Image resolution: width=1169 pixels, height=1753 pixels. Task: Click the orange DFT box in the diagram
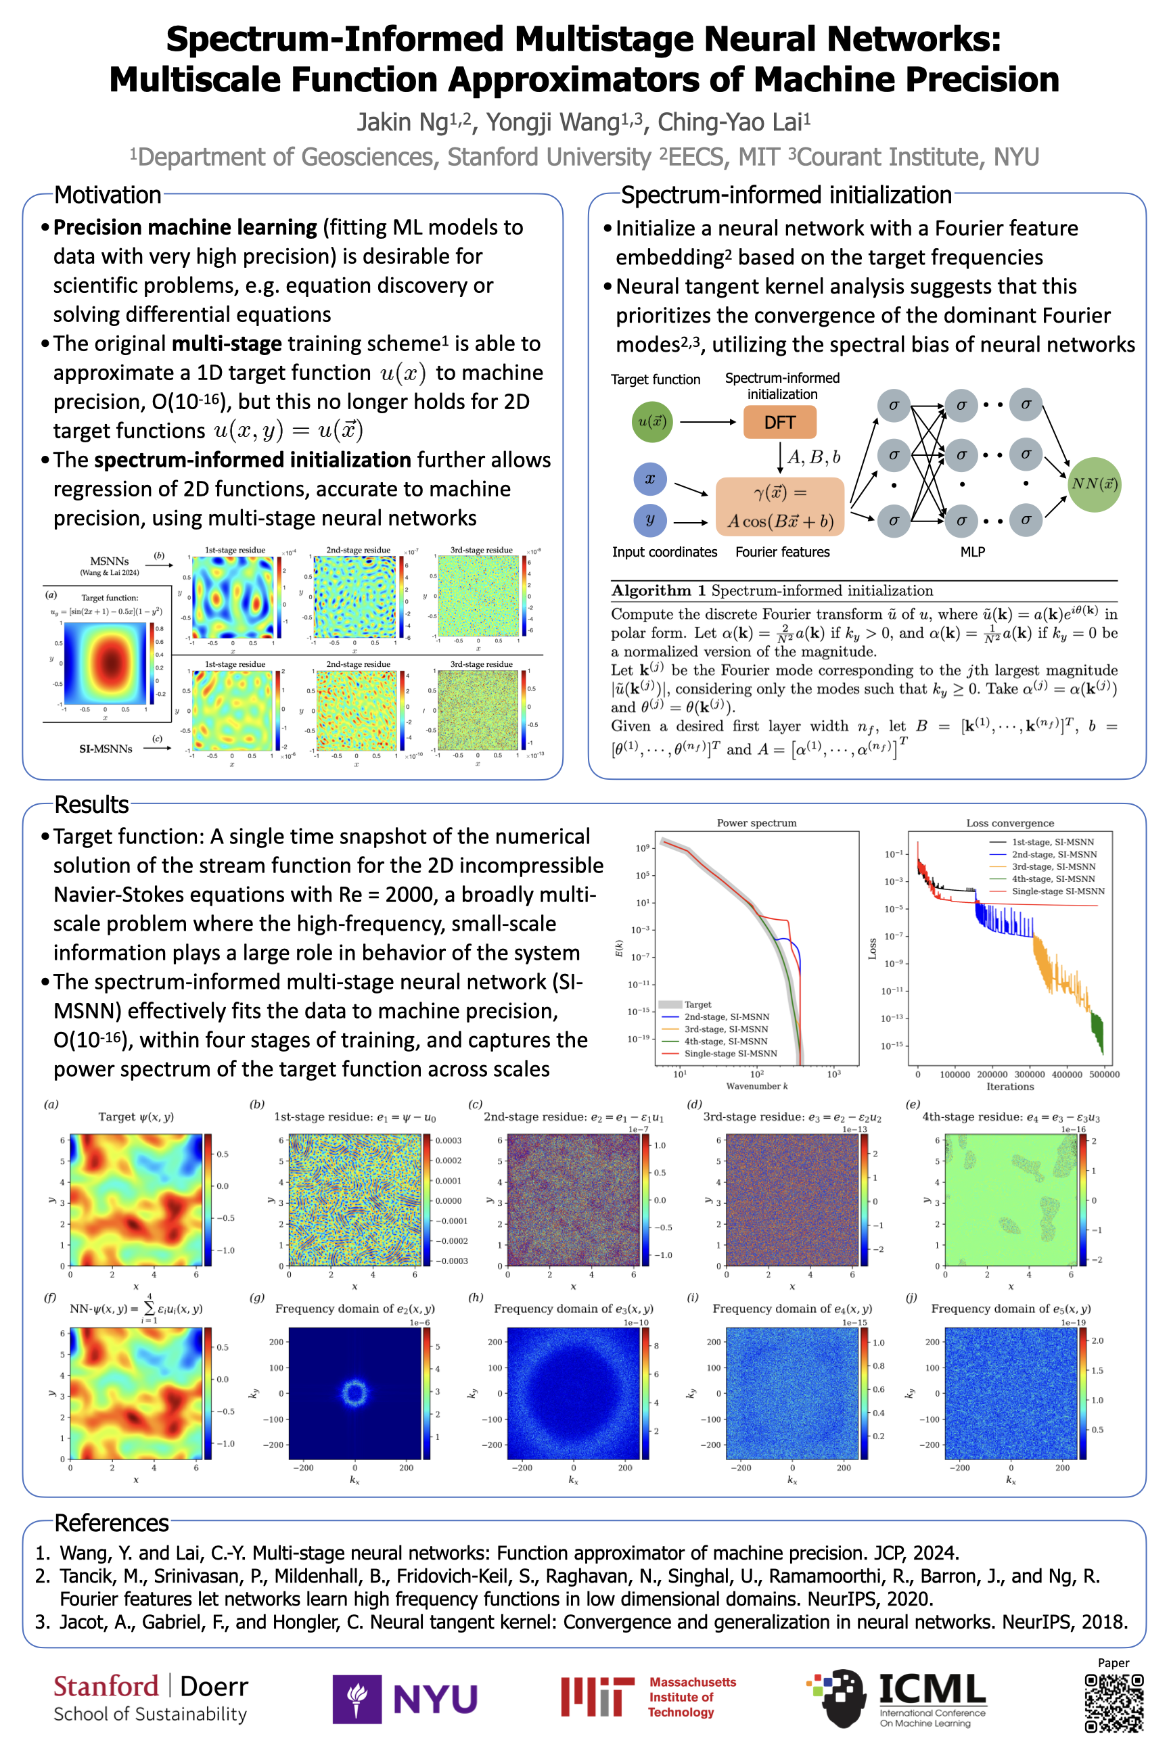tap(779, 422)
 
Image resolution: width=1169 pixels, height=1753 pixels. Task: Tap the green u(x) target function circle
tap(651, 421)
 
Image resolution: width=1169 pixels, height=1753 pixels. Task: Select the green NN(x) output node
tap(1094, 484)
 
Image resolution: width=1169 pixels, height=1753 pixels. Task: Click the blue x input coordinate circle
tap(649, 479)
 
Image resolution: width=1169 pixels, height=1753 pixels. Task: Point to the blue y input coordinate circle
tap(649, 519)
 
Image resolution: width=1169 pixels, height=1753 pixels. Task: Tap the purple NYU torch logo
tap(357, 1699)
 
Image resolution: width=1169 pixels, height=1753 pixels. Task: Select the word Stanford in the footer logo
tap(106, 1686)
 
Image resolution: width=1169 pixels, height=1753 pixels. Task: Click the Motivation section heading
tap(108, 195)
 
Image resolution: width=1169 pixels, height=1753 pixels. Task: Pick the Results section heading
tap(92, 804)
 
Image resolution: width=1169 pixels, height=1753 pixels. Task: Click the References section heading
tap(112, 1522)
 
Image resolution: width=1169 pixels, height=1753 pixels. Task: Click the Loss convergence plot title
tap(1009, 823)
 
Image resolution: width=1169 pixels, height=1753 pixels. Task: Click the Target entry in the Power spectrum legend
tap(697, 1004)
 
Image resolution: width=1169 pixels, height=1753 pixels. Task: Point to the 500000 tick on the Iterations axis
tap(1104, 1074)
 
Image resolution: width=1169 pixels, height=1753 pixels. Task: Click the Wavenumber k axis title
tap(757, 1086)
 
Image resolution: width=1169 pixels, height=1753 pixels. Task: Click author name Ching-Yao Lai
tap(733, 122)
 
